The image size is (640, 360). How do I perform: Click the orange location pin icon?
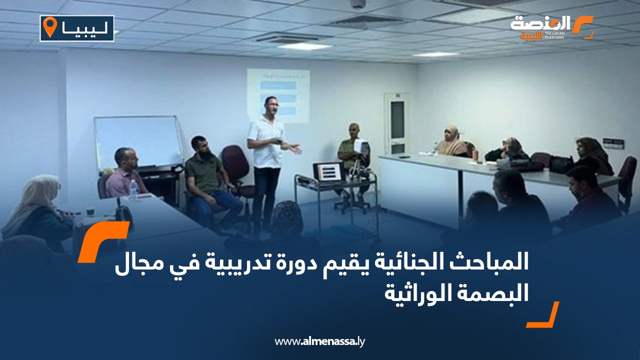(50, 27)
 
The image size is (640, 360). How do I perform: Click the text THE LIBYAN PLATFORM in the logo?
(554, 35)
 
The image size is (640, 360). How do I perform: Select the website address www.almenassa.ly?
(319, 341)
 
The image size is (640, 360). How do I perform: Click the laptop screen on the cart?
(328, 171)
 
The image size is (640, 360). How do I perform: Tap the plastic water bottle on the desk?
(133, 189)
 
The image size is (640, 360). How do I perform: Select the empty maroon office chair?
(237, 171)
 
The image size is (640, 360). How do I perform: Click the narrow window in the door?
(397, 119)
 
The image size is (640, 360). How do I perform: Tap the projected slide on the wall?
(278, 95)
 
